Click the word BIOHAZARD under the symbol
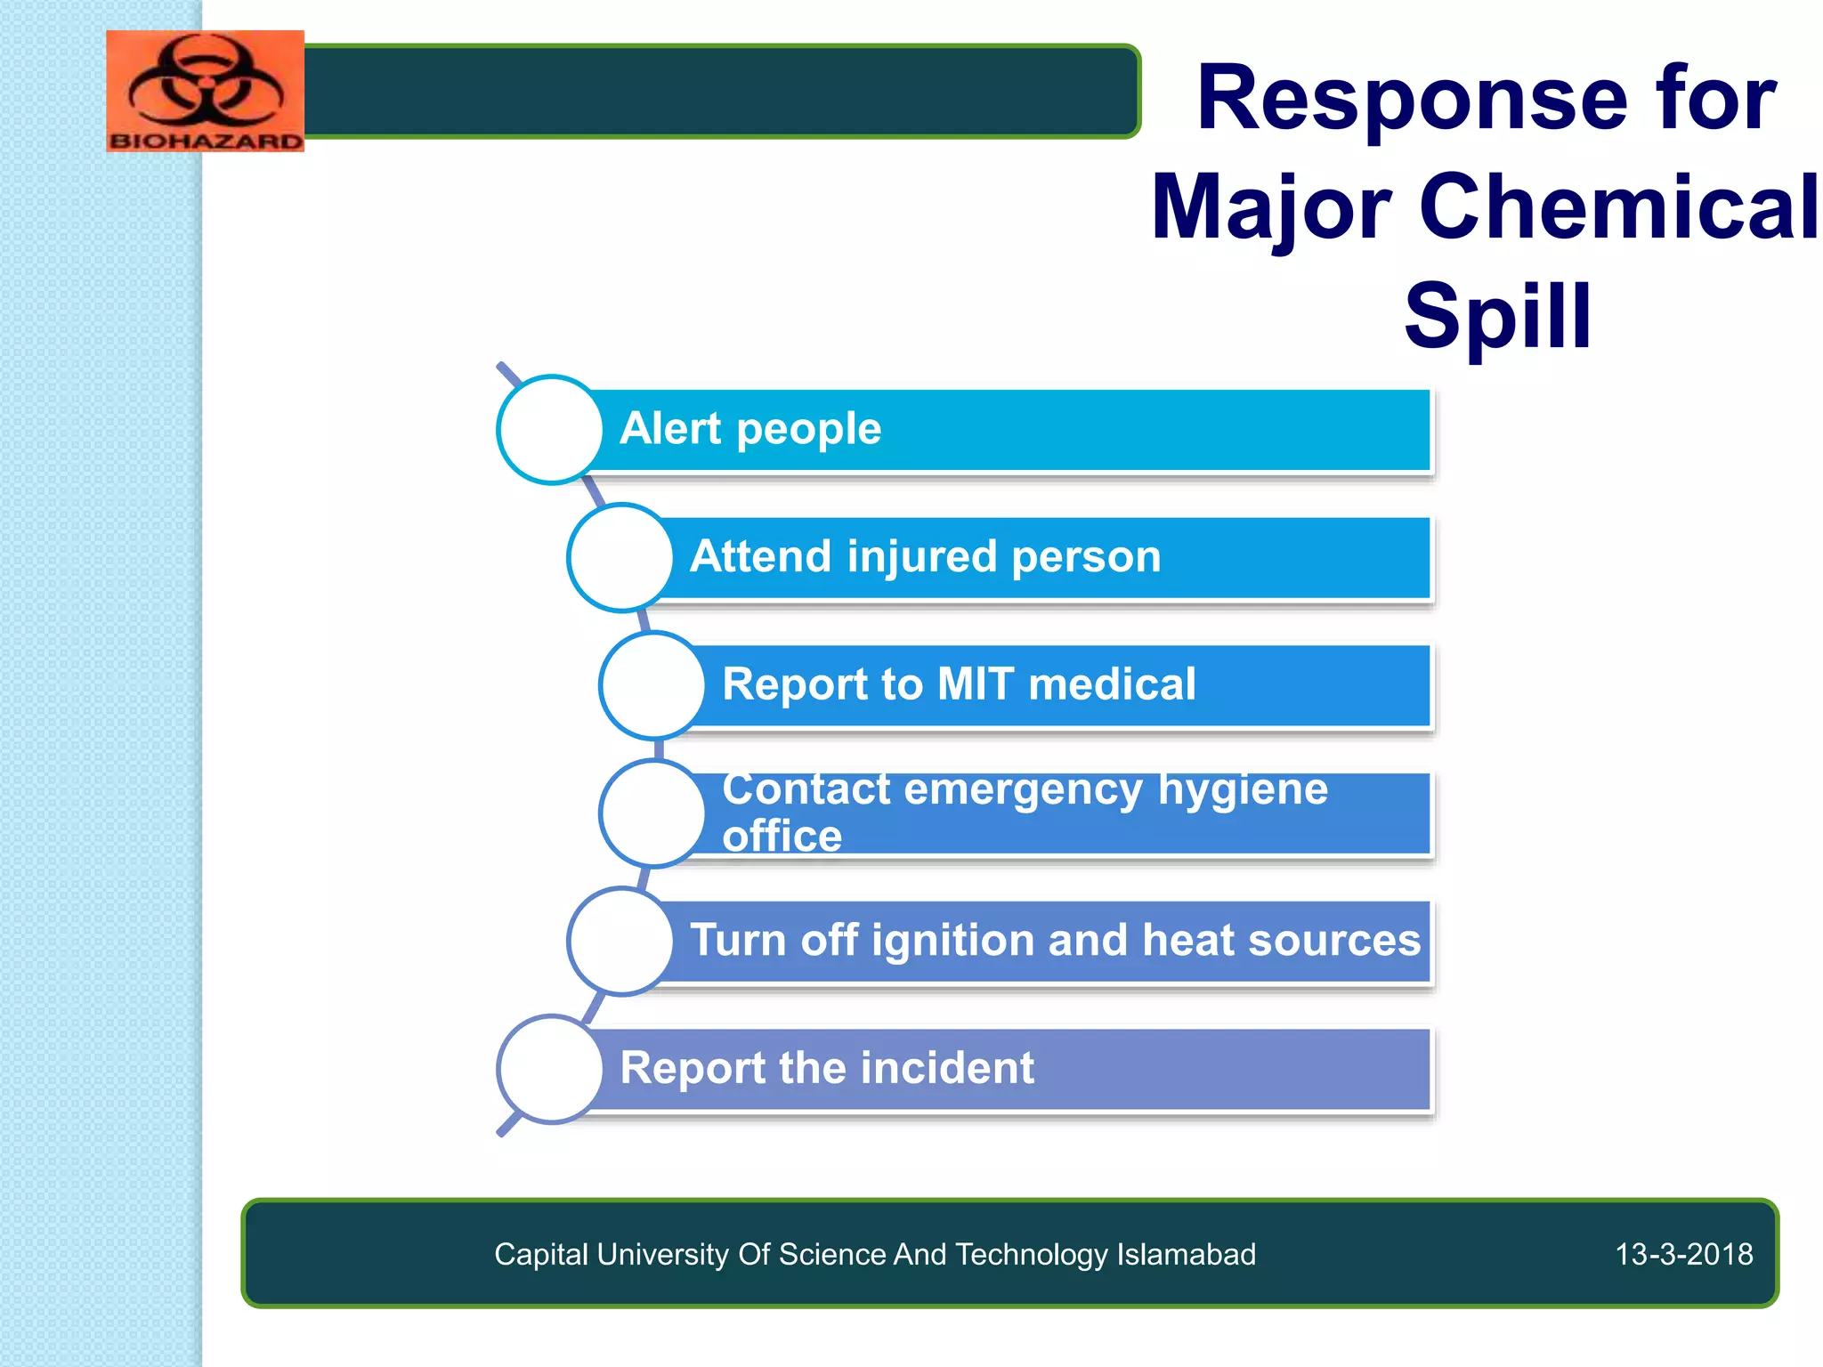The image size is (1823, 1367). coord(206,141)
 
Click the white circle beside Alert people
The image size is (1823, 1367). coord(551,430)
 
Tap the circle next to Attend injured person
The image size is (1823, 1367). coord(620,558)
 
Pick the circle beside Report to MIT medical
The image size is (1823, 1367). coord(653,685)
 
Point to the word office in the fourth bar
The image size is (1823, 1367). coord(782,836)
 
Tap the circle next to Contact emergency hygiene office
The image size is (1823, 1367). coord(653,813)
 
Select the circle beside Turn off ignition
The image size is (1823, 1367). coord(620,942)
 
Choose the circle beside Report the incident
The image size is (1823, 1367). coord(551,1069)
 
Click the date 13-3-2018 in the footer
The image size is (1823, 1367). coord(1683,1254)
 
